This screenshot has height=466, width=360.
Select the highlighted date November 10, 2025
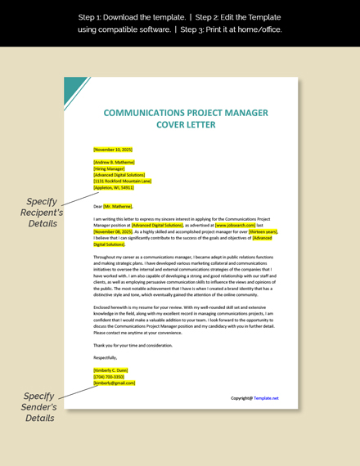tap(113, 150)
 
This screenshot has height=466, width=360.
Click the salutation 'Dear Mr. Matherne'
tap(113, 207)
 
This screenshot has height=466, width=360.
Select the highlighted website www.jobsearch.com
tap(235, 226)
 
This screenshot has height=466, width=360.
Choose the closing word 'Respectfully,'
tap(105, 357)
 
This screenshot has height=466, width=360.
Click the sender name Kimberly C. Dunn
tap(111, 370)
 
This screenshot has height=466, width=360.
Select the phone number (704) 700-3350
tap(109, 377)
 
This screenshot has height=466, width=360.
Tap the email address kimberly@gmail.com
tap(114, 383)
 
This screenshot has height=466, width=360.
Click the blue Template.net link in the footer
tap(266, 398)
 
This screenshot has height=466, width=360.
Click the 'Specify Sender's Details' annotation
tap(38, 406)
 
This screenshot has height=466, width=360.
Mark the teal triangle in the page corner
tap(73, 88)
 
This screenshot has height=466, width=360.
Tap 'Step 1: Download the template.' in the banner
tap(118, 16)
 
